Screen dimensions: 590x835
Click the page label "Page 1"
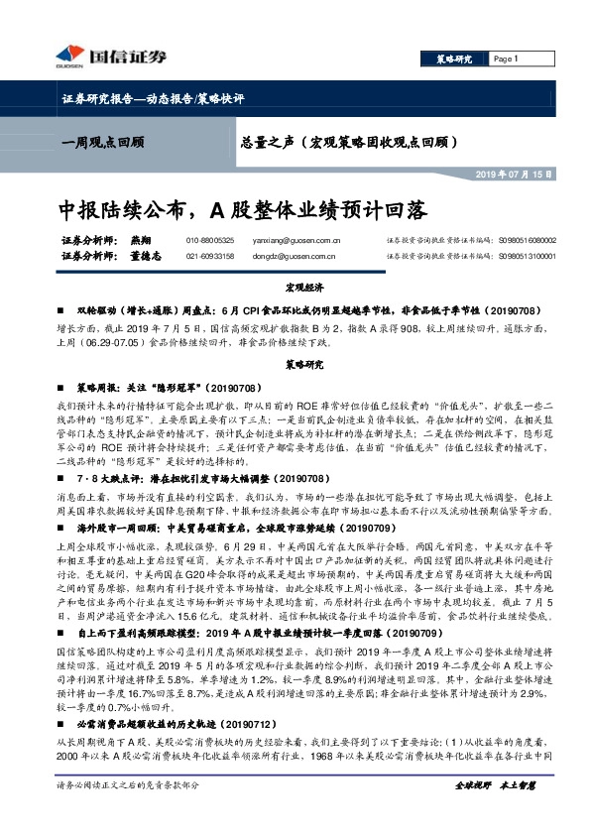507,59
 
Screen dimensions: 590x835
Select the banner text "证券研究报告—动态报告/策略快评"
152,100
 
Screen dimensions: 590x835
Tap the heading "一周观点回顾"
102,142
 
